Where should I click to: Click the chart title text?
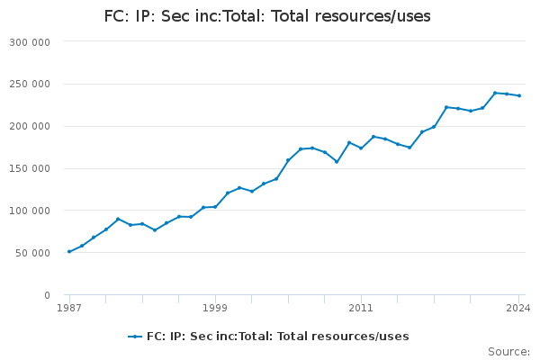click(x=267, y=16)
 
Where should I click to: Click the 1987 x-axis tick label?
click(x=69, y=308)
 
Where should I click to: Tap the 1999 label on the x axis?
click(x=215, y=308)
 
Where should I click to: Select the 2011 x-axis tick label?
click(x=361, y=308)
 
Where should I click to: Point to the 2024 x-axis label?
click(x=518, y=308)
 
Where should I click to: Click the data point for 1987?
click(x=69, y=251)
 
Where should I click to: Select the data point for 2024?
click(x=518, y=95)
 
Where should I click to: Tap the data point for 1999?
click(x=215, y=206)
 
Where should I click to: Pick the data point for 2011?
click(x=361, y=148)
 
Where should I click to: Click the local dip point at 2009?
click(x=337, y=161)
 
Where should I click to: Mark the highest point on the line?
click(x=494, y=93)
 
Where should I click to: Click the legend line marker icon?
click(x=135, y=337)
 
